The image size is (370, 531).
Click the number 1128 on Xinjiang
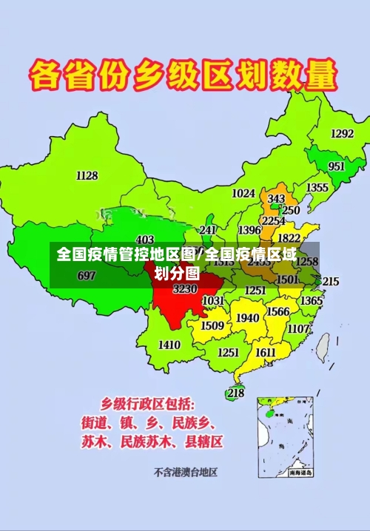(87, 175)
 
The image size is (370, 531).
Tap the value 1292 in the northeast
(342, 134)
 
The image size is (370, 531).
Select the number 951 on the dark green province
(337, 166)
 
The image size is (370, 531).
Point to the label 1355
(317, 188)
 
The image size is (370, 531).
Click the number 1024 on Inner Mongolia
(243, 194)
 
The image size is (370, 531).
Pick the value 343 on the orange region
(276, 199)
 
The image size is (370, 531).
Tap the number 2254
(274, 220)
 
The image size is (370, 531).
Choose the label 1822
(289, 238)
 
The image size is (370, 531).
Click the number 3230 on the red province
(185, 289)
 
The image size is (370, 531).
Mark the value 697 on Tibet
(87, 276)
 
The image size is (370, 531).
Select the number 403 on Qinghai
(145, 240)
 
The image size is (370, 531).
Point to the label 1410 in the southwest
(169, 345)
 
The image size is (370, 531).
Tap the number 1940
(247, 318)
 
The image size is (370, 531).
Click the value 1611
(266, 352)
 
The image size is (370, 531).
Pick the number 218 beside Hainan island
(236, 393)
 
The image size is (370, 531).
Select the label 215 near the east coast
(331, 281)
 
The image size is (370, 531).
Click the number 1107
(299, 328)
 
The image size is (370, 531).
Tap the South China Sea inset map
(286, 436)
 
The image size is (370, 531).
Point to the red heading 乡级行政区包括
(148, 404)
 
